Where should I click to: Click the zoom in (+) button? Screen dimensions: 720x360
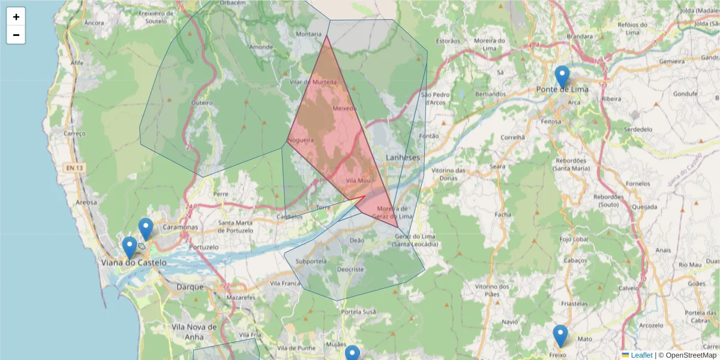pyautogui.click(x=16, y=17)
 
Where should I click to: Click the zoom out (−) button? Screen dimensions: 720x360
pyautogui.click(x=16, y=35)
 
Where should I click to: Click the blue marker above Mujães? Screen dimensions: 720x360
pyautogui.click(x=352, y=353)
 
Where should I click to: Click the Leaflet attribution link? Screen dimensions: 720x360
pyautogui.click(x=641, y=355)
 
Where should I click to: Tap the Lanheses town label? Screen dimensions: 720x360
pyautogui.click(x=403, y=157)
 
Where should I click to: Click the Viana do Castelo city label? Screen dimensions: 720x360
pyautogui.click(x=133, y=263)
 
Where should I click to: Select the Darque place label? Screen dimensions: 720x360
pyautogui.click(x=190, y=287)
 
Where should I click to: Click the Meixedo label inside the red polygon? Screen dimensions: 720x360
pyautogui.click(x=344, y=109)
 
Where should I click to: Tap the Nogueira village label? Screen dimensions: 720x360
pyautogui.click(x=301, y=140)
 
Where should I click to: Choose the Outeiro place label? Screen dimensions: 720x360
pyautogui.click(x=202, y=103)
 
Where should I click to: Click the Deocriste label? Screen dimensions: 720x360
pyautogui.click(x=350, y=269)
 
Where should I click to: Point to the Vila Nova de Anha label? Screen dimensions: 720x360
pyautogui.click(x=194, y=331)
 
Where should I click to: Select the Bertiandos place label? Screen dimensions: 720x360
pyautogui.click(x=490, y=94)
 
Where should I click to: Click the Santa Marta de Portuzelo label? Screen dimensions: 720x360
pyautogui.click(x=244, y=227)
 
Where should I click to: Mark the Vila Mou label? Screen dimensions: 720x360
pyautogui.click(x=358, y=181)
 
